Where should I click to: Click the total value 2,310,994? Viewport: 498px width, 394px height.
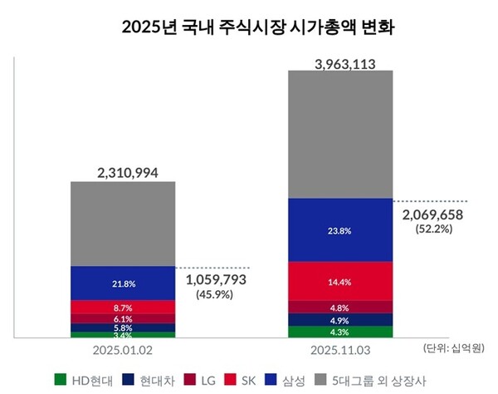[122, 173]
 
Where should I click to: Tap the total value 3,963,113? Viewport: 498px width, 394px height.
[339, 61]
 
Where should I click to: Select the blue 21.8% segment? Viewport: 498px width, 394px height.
[122, 283]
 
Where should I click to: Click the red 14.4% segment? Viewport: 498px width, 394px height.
[339, 282]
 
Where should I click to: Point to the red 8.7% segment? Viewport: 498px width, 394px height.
[122, 307]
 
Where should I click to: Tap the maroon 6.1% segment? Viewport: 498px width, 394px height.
[122, 318]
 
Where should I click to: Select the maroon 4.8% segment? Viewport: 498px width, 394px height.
[339, 307]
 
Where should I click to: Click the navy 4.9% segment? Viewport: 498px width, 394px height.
[339, 320]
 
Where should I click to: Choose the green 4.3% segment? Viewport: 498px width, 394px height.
[339, 332]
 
